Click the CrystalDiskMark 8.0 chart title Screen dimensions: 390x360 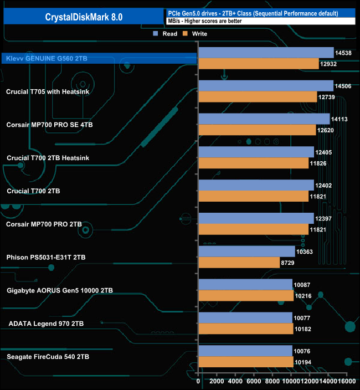pyautogui.click(x=84, y=17)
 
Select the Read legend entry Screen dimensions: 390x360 pyautogui.click(x=166, y=34)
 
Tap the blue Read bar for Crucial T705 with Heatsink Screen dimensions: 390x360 pyautogui.click(x=266, y=86)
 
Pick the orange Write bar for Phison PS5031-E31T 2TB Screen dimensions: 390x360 pyautogui.click(x=239, y=263)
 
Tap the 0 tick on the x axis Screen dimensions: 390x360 pyautogui.click(x=198, y=382)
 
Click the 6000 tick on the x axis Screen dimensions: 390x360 pyautogui.click(x=254, y=382)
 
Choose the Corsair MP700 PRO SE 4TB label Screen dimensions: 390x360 pyautogui.click(x=49, y=125)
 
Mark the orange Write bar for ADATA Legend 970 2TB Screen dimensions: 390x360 pyautogui.click(x=245, y=329)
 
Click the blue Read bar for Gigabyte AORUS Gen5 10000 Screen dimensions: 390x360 pyautogui.click(x=245, y=285)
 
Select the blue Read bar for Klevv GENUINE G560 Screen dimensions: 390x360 pyautogui.click(x=266, y=53)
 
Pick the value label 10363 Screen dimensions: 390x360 pyautogui.click(x=305, y=252)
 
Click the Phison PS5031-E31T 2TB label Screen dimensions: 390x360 pyautogui.click(x=46, y=257)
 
